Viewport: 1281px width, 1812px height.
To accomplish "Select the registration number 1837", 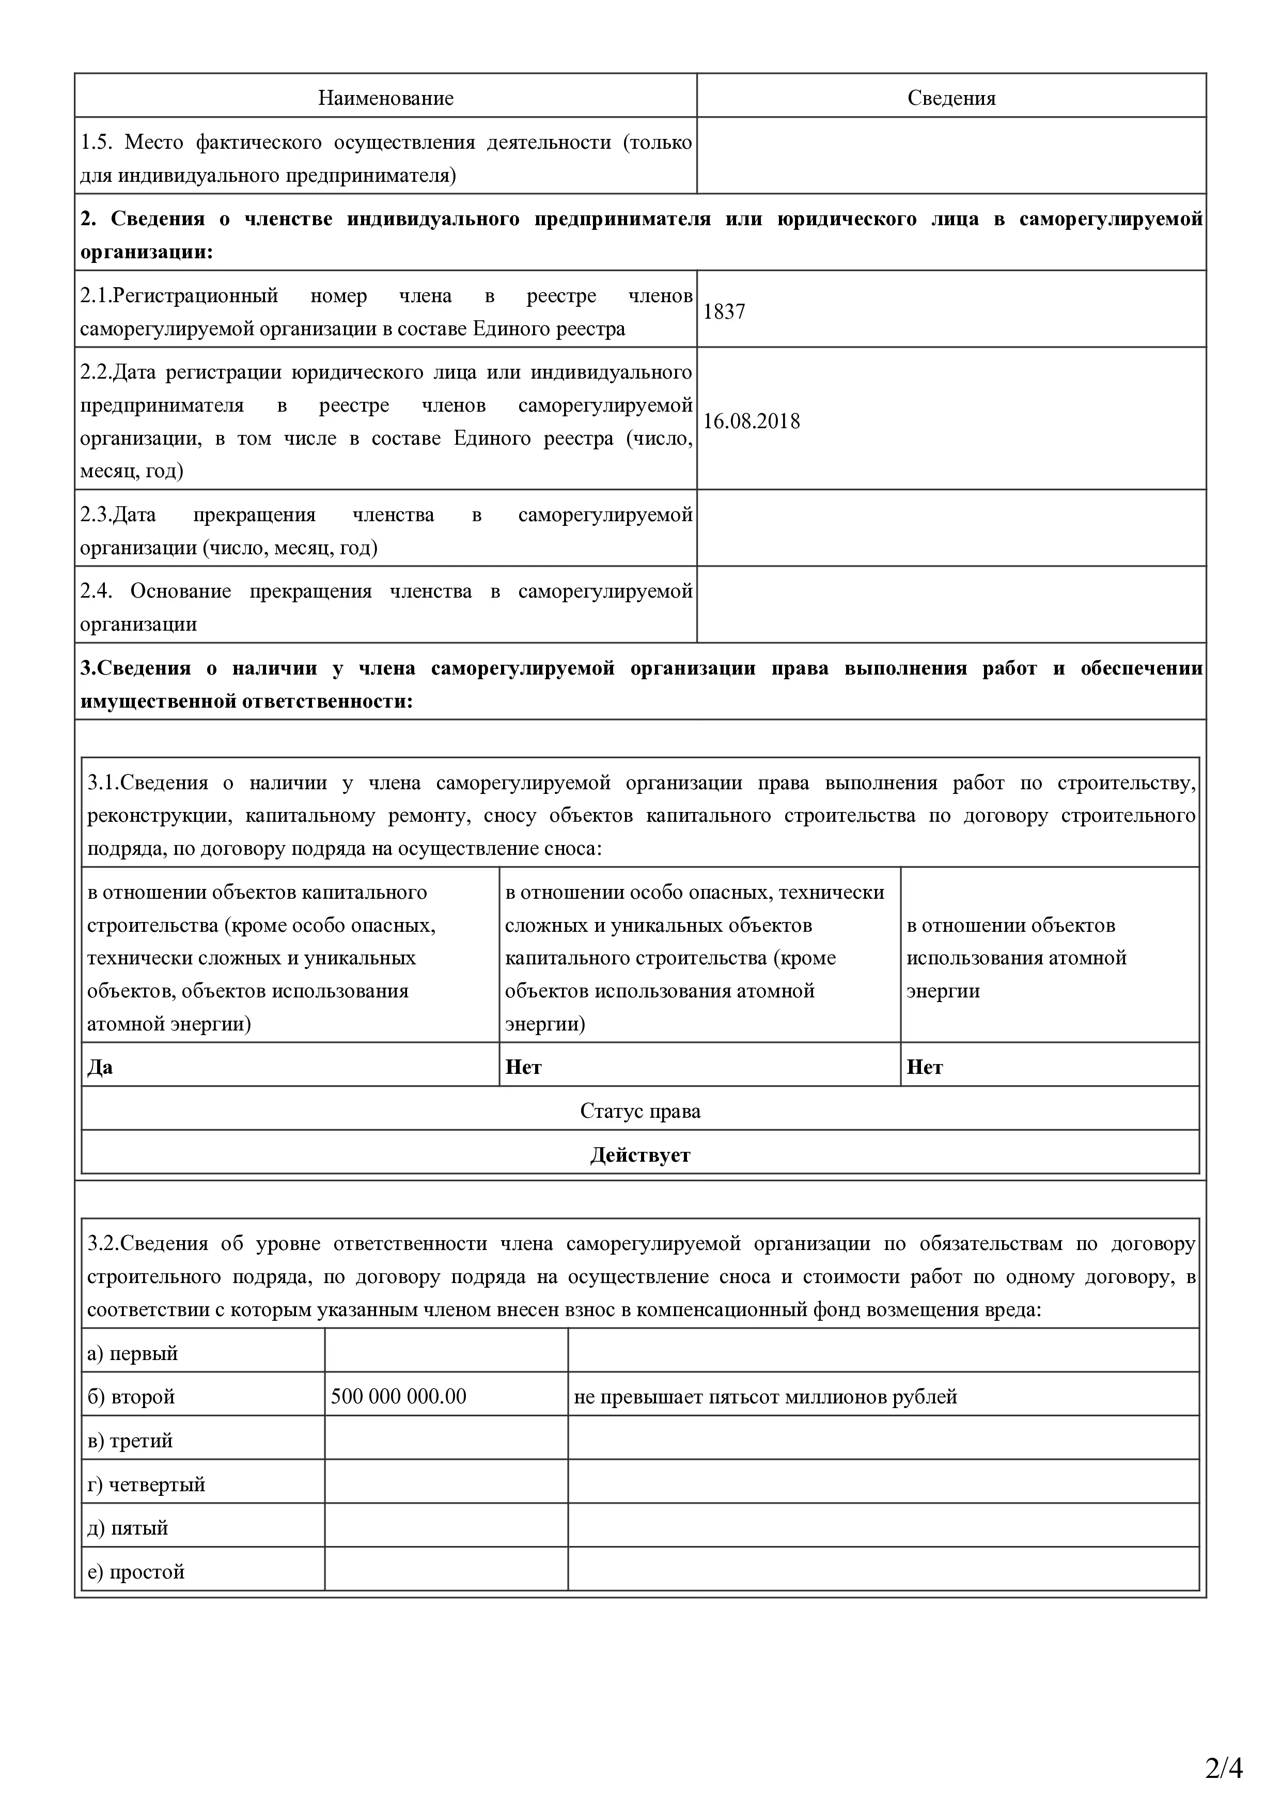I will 724,312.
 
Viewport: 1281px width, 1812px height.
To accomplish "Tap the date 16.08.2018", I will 752,421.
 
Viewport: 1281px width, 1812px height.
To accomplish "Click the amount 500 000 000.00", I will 399,1397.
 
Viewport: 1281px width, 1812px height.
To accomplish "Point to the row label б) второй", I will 131,1397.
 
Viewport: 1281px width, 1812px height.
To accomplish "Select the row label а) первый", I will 133,1353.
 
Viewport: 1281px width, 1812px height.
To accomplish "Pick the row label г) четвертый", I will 146,1485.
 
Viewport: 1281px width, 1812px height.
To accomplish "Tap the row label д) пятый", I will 128,1528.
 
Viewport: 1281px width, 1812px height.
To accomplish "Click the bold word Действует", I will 640,1155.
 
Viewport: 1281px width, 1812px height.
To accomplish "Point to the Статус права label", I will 640,1111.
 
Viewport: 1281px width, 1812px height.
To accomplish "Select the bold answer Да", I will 100,1068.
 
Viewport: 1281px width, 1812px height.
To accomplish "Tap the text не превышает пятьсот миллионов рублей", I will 765,1397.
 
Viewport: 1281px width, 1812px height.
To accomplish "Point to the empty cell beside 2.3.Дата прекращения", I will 951,528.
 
